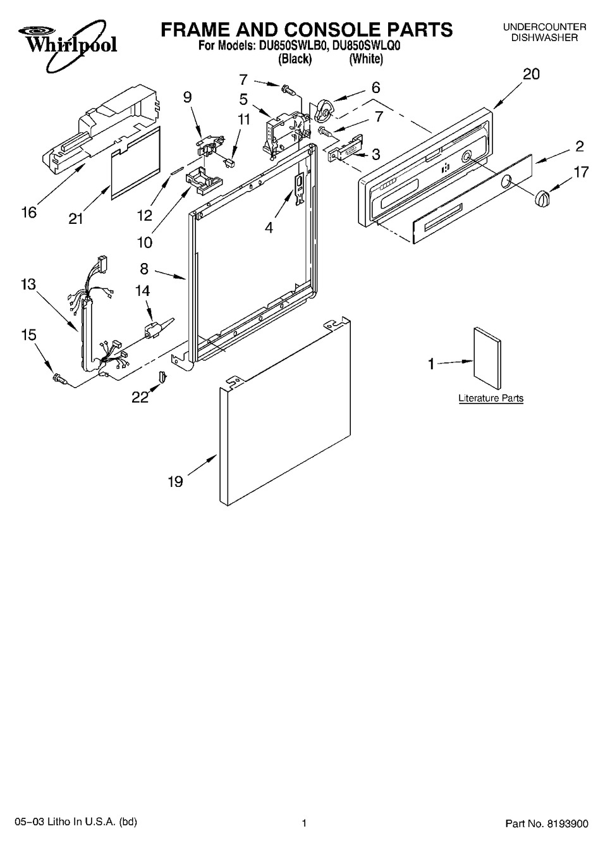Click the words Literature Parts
pos(491,398)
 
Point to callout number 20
pos(531,74)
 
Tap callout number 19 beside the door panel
pos(175,482)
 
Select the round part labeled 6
pos(324,111)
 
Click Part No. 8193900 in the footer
pos(547,823)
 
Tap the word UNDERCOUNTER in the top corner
pos(544,27)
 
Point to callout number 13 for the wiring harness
pos(28,285)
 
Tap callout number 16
pos(29,212)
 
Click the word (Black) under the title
pos(295,59)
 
